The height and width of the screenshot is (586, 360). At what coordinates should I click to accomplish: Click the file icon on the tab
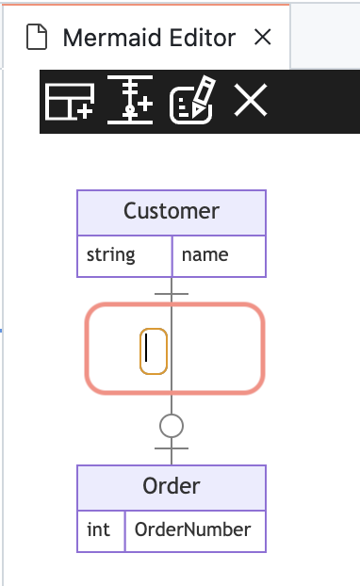tap(36, 38)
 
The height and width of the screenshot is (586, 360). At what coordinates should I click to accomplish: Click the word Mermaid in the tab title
tap(101, 38)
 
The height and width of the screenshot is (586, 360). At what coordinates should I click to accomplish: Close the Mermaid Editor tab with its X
tap(263, 38)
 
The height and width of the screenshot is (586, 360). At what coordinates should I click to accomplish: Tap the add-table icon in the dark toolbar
tap(71, 101)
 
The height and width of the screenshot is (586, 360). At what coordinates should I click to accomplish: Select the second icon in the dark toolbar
tap(130, 101)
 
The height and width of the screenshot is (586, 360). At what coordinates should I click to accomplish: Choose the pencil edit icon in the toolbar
tap(191, 101)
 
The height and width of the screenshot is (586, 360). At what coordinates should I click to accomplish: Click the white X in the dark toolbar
tap(251, 100)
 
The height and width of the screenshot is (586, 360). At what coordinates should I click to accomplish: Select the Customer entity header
tap(172, 211)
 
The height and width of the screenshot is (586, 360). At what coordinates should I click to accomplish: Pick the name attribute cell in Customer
tap(219, 254)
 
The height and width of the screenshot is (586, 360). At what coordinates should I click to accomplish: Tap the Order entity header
tap(172, 486)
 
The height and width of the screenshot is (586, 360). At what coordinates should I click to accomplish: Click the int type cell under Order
tap(100, 529)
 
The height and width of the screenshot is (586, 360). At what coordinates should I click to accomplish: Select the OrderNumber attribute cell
tap(194, 529)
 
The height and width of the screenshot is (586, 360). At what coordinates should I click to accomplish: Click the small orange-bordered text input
tap(154, 350)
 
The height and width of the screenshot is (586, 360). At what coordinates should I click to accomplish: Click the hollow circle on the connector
tap(171, 427)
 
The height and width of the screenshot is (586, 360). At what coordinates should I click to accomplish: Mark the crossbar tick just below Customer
tap(171, 293)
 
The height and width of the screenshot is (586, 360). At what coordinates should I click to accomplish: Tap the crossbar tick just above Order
tap(171, 449)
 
